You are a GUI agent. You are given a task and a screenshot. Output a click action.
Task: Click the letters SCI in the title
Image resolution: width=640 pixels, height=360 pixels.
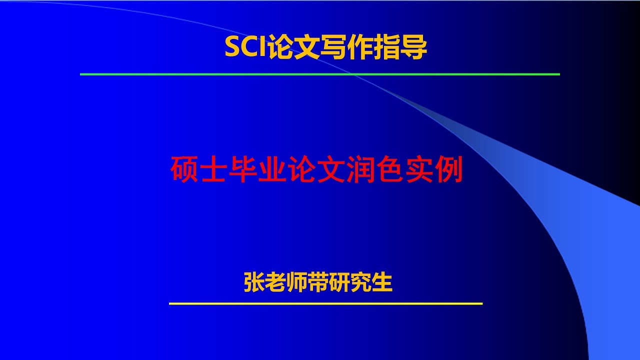(x=245, y=48)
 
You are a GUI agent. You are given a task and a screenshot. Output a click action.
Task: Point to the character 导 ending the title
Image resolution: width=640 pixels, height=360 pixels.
(x=414, y=48)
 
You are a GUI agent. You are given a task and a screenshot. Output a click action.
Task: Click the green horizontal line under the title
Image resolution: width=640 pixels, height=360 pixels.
(x=320, y=74)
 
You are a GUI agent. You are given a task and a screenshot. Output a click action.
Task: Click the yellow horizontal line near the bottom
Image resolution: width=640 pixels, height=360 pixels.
(x=325, y=303)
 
